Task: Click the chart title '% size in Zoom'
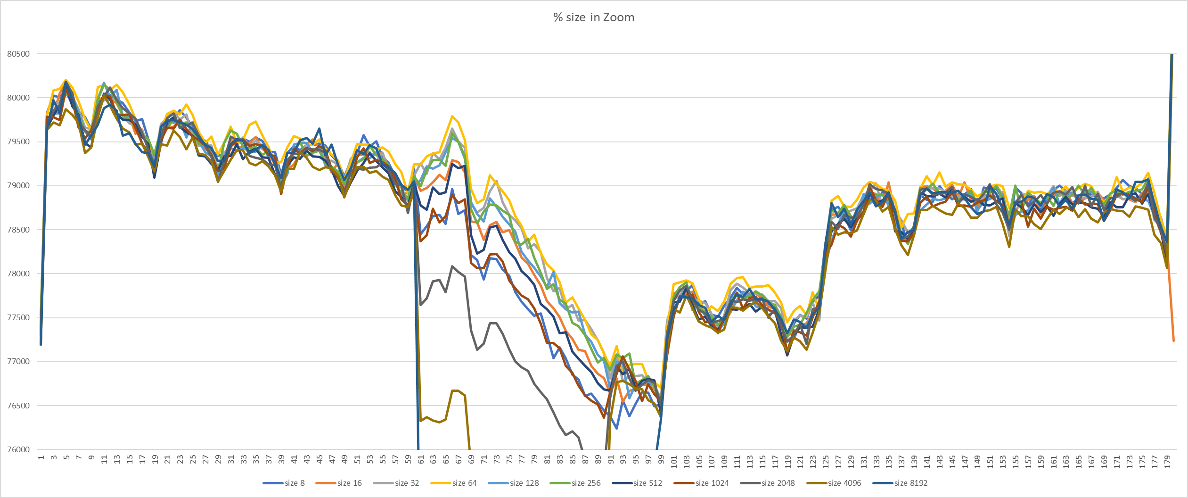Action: click(594, 17)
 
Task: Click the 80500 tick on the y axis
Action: click(18, 54)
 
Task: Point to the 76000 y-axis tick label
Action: click(18, 449)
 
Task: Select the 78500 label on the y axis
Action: click(18, 230)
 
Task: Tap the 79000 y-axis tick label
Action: click(18, 186)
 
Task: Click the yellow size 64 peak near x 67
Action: click(452, 116)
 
